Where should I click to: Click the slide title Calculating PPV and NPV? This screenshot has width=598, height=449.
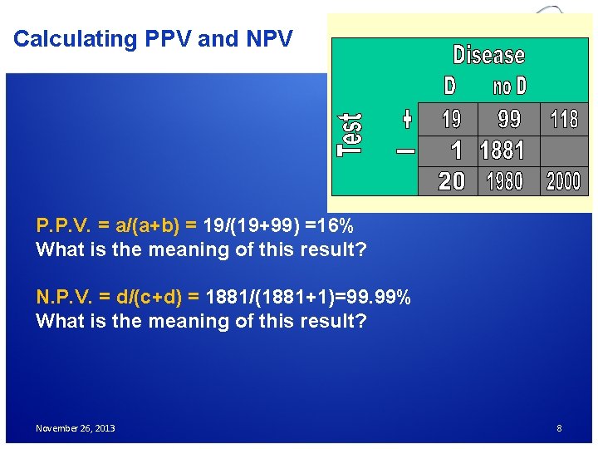153,39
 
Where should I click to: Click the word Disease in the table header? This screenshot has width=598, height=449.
488,56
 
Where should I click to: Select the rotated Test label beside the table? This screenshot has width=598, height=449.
350,134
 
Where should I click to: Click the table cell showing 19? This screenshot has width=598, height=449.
451,119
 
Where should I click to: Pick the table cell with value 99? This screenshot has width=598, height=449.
508,119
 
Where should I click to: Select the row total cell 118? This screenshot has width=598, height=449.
565,119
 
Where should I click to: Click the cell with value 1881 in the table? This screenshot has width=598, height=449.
502,150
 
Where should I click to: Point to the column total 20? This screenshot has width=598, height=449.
451,180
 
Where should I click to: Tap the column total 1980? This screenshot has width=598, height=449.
504,180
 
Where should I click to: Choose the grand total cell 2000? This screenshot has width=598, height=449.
564,180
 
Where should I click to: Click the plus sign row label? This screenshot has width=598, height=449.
406,119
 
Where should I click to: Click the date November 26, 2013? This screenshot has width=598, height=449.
76,428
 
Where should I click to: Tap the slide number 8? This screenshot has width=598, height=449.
559,428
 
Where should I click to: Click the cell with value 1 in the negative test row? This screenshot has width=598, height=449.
455,150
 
